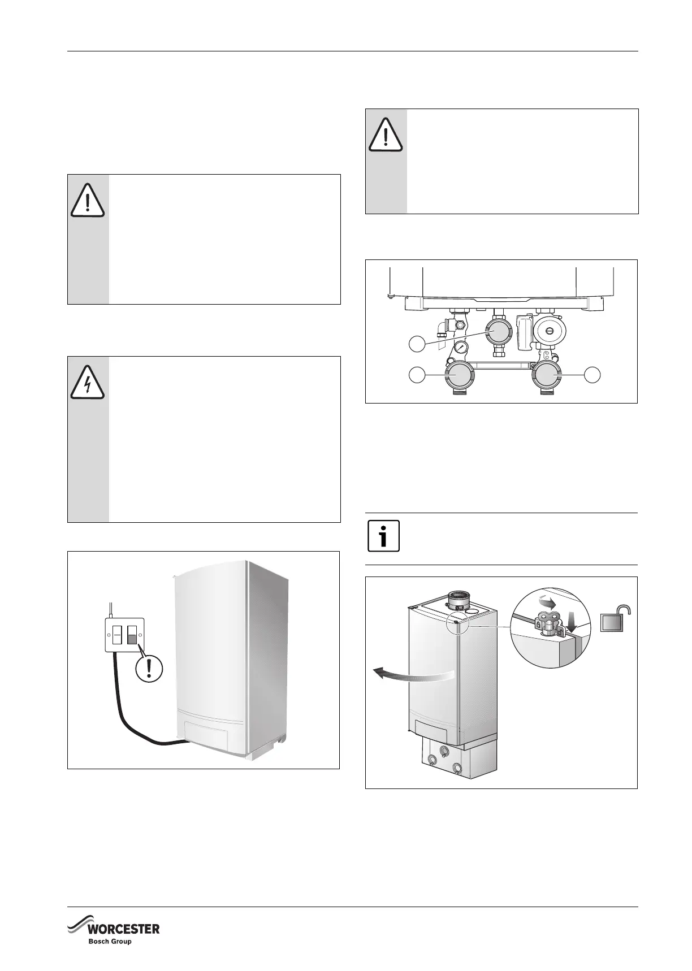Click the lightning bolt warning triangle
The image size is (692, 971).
(x=88, y=382)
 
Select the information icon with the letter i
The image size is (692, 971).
(x=383, y=535)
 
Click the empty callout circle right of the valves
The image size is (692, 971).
(x=593, y=374)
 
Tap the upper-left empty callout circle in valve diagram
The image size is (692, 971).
(x=417, y=344)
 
